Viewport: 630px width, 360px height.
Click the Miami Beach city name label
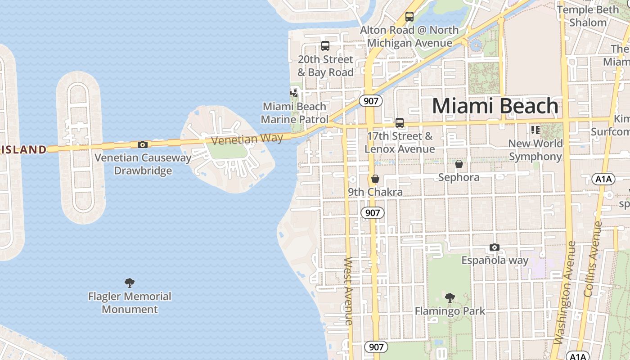(x=495, y=106)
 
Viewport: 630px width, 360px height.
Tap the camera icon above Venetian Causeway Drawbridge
(x=142, y=144)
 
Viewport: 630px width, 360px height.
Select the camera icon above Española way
(x=494, y=247)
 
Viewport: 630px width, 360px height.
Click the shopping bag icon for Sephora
(x=459, y=164)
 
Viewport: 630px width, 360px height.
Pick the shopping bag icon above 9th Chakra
(x=375, y=179)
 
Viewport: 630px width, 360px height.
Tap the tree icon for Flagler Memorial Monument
(x=130, y=283)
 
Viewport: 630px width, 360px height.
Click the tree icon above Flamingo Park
(x=449, y=297)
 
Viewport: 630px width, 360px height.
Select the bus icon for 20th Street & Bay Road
(x=325, y=45)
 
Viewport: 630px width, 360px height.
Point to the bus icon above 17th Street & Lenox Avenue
(x=399, y=122)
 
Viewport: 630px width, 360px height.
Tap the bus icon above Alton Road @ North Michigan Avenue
(x=409, y=17)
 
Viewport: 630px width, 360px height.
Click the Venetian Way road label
(x=247, y=139)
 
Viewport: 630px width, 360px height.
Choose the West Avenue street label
(x=348, y=291)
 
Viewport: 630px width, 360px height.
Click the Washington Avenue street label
(x=566, y=292)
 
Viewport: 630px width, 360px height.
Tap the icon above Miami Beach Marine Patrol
(x=294, y=93)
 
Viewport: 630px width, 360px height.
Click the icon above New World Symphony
(x=535, y=130)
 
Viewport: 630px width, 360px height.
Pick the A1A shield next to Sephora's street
(x=603, y=179)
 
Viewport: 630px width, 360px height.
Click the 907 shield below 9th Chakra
(x=373, y=212)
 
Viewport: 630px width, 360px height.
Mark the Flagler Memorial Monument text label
(x=130, y=302)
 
